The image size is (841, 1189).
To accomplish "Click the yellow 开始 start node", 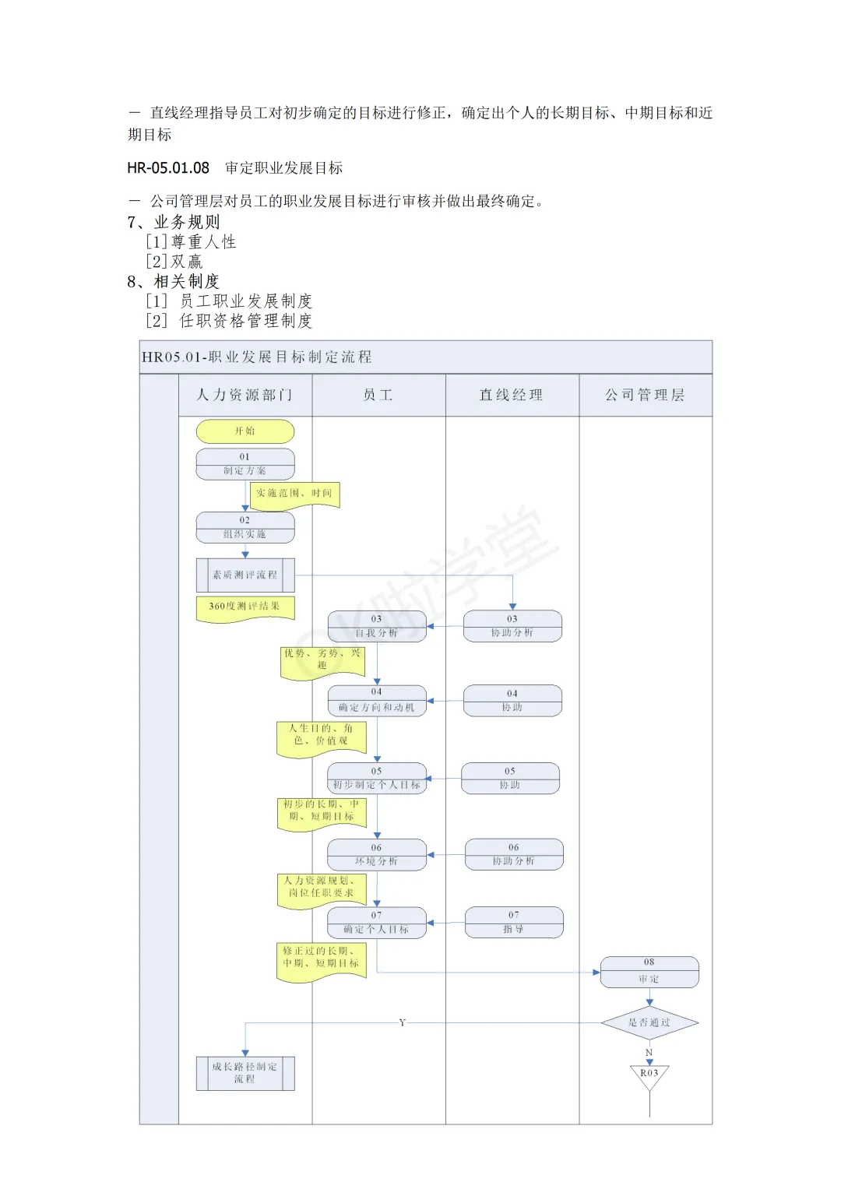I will coord(245,431).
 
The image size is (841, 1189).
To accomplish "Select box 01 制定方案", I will coord(245,464).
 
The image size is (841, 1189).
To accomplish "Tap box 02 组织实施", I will coord(245,527).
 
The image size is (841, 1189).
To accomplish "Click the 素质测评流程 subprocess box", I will coord(245,575).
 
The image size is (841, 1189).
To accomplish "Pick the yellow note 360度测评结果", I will coord(245,607).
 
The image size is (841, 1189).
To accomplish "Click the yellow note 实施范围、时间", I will coord(294,494).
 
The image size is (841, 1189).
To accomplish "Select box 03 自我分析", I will coord(377,626).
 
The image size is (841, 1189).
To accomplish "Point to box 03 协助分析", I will coord(512,626).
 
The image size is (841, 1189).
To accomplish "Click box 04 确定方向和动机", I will coord(377,701).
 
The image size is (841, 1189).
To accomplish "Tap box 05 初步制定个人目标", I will coord(377,778).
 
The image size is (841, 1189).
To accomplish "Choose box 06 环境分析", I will coord(377,854).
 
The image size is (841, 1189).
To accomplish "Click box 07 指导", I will coord(514,922).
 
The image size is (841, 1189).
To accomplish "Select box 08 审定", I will coord(649,972).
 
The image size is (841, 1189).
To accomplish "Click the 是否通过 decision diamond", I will coord(649,1022).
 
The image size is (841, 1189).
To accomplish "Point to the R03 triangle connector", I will coord(649,1076).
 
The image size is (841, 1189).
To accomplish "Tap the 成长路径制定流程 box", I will coord(245,1073).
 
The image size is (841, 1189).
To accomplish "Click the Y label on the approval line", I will coord(403,1022).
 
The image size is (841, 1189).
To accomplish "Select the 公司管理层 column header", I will coord(646,396).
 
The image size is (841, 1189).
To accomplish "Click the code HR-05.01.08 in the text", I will coord(169,168).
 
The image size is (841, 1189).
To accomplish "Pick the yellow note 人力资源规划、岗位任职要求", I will coord(321,889).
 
